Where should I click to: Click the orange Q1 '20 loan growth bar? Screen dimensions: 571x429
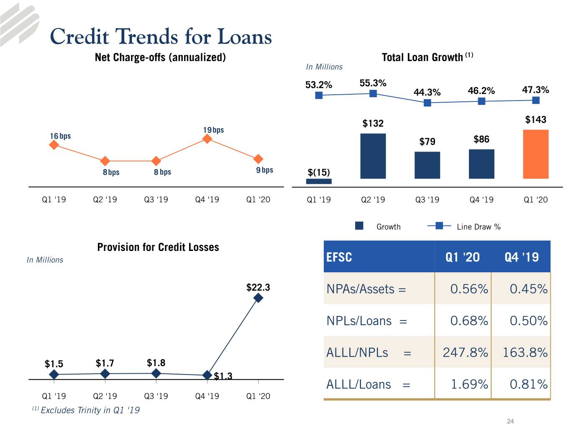535,154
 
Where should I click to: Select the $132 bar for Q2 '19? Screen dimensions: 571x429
373,156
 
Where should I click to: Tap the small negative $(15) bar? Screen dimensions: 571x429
319,181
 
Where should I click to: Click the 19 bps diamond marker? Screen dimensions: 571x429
207,139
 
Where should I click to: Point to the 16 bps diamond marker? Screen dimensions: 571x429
54,145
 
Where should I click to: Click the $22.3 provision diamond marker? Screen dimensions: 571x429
258,298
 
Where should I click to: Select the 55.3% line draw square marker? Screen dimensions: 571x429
373,93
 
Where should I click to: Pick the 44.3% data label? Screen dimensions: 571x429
427,92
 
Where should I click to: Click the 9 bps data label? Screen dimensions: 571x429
264,170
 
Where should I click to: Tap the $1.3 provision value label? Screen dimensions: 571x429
223,376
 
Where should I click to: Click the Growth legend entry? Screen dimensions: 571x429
378,226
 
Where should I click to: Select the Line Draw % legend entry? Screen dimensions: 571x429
464,226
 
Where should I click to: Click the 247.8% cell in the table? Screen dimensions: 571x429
465,352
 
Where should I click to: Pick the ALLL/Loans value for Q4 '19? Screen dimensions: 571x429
528,384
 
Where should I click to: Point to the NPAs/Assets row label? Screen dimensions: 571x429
366,289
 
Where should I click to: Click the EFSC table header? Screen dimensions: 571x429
339,257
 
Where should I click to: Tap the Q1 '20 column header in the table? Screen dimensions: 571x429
462,257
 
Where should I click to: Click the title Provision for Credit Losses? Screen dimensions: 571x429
158,247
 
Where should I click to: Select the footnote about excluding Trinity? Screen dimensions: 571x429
86,410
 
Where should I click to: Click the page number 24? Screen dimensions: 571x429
510,421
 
